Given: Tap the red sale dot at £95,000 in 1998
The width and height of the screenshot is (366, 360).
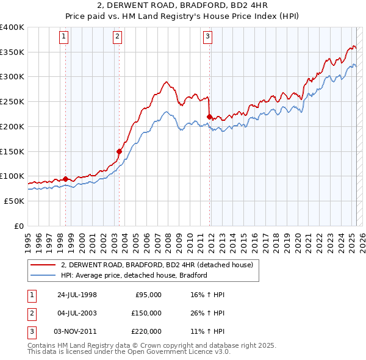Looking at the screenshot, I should coord(65,179).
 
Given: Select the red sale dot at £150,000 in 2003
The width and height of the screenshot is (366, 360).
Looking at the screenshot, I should coord(119,151).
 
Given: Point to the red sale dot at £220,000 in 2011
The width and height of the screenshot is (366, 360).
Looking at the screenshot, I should coord(209,117).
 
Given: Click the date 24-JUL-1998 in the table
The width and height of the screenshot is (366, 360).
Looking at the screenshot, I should coord(77,295).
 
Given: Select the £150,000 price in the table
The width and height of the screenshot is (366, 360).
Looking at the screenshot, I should coord(146,313).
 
